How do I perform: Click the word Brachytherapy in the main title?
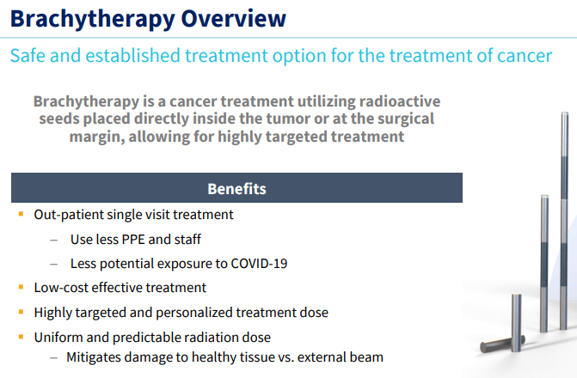tap(93, 19)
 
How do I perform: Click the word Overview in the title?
tap(234, 18)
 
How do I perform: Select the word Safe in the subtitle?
tap(28, 56)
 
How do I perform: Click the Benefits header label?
tap(236, 189)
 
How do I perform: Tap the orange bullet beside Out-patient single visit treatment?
tap(21, 214)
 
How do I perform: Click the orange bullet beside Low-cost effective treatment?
tap(21, 287)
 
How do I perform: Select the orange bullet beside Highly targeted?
tap(21, 312)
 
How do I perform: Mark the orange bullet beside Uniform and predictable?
tap(21, 337)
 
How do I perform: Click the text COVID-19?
tap(259, 264)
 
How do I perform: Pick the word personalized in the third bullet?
tap(194, 313)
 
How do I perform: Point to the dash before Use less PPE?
tap(54, 241)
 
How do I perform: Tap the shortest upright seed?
tap(517, 322)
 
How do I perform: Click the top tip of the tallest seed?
tap(564, 113)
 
